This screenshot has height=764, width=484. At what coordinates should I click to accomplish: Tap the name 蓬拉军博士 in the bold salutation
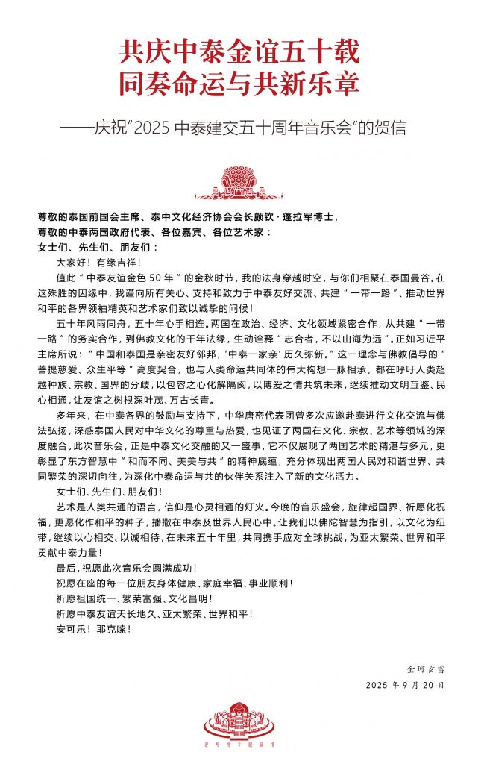pyautogui.click(x=303, y=218)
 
